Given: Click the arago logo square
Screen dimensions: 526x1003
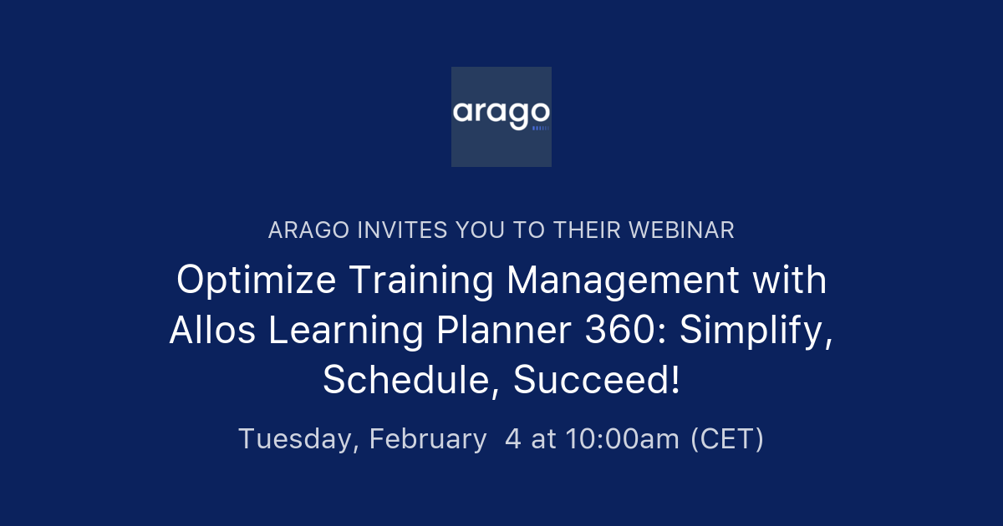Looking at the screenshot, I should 501,116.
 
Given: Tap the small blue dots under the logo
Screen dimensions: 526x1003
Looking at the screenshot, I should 541,129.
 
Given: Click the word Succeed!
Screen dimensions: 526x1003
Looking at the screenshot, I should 597,381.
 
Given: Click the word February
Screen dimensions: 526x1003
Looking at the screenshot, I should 428,439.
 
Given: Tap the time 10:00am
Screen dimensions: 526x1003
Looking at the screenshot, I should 623,438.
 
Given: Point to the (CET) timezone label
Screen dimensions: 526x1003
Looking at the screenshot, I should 727,438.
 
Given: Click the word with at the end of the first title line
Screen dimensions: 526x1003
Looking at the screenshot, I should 788,281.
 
